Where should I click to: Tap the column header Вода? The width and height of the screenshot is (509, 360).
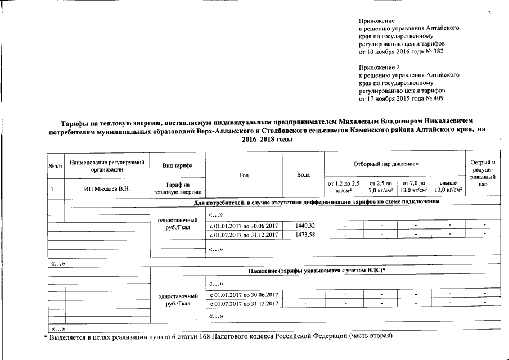pyautogui.click(x=304, y=174)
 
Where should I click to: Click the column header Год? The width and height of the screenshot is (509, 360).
pyautogui.click(x=244, y=174)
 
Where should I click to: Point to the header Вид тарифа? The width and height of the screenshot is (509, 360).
pyautogui.click(x=177, y=165)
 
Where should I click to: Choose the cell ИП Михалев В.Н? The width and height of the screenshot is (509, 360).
pyautogui.click(x=106, y=188)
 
